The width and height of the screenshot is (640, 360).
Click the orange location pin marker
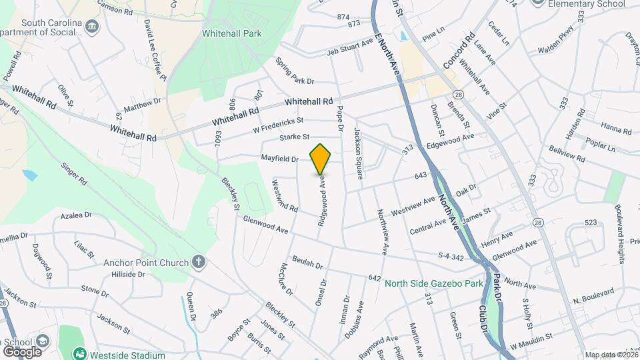(x=320, y=159)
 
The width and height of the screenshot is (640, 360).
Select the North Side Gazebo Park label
(x=433, y=283)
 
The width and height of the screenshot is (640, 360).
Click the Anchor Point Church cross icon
(x=198, y=262)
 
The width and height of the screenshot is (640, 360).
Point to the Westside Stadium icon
(x=80, y=353)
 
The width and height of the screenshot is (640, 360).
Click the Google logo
(x=21, y=351)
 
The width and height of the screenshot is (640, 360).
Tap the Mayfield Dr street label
(x=279, y=159)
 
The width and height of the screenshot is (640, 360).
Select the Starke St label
(x=295, y=137)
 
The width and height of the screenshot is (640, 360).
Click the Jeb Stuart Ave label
(x=349, y=47)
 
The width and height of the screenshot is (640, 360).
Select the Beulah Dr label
(x=307, y=261)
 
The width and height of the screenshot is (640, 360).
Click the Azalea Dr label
(x=75, y=215)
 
